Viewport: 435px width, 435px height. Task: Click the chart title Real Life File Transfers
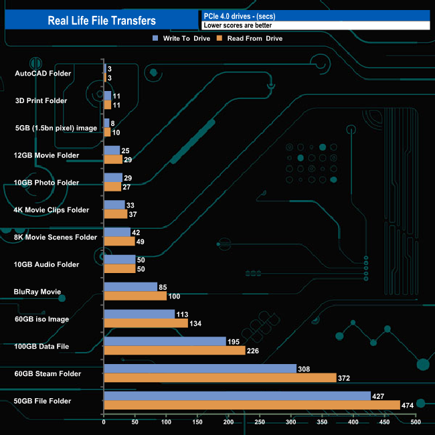pos(102,21)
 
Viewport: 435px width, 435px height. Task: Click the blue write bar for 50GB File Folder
pos(237,396)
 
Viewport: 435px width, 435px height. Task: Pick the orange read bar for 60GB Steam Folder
pos(220,377)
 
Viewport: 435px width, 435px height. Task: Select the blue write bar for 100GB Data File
pos(165,341)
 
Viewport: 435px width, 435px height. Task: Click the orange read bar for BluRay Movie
pos(135,296)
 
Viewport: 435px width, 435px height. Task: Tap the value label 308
pos(306,368)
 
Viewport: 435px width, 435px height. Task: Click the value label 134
pos(196,323)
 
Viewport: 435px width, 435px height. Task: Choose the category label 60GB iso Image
pos(41,319)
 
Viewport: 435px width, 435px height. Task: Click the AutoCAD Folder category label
pos(43,73)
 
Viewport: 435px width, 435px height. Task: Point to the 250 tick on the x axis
pos(260,422)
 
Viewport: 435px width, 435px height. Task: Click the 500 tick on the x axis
pos(416,422)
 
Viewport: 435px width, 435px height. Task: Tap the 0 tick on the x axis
pos(104,422)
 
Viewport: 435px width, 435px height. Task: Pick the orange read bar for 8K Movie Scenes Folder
pos(119,241)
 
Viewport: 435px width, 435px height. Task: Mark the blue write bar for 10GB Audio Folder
pos(119,260)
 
